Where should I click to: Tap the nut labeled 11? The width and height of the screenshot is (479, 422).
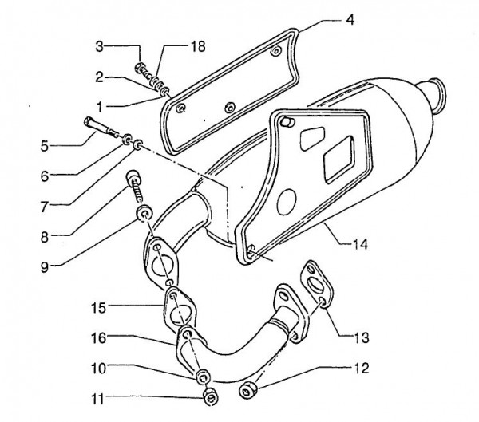point(209,396)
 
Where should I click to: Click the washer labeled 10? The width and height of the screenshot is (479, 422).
point(204,377)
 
